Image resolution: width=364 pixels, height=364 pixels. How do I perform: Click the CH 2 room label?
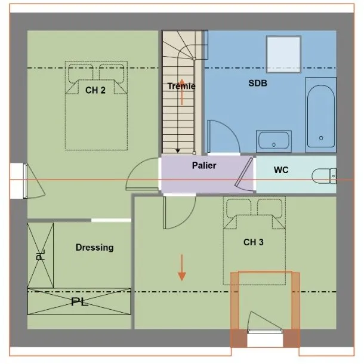pos(95,90)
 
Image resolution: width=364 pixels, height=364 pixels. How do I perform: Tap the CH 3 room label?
pos(254,242)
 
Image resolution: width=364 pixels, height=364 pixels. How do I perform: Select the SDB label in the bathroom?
pos(258,83)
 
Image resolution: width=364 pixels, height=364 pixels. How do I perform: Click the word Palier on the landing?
pos(204,165)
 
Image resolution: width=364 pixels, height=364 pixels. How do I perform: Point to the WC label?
pos(281,169)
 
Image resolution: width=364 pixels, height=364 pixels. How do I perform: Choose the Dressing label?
pos(95,248)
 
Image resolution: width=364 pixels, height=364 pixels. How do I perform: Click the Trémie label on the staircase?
pos(181,86)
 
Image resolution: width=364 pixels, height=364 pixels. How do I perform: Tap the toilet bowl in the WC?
pos(324,176)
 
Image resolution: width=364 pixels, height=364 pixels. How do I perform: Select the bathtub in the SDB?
pos(321,115)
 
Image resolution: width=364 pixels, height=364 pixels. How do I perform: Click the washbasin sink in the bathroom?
pos(274,141)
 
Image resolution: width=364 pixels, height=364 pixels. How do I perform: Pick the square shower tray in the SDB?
pos(283,54)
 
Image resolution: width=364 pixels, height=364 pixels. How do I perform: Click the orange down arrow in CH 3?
pos(182,267)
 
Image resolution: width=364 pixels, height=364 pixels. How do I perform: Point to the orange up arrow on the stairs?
pos(182,92)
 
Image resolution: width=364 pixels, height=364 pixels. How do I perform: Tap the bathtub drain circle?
pos(321,138)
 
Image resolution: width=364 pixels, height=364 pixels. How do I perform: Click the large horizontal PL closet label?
pos(79,301)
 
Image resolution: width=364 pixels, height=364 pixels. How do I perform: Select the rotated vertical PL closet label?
pos(41,255)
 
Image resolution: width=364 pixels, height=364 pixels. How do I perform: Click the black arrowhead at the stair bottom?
pos(178,151)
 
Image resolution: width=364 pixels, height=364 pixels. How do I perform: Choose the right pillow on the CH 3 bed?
pos(270,208)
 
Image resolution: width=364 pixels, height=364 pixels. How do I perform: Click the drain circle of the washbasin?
pos(274,145)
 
